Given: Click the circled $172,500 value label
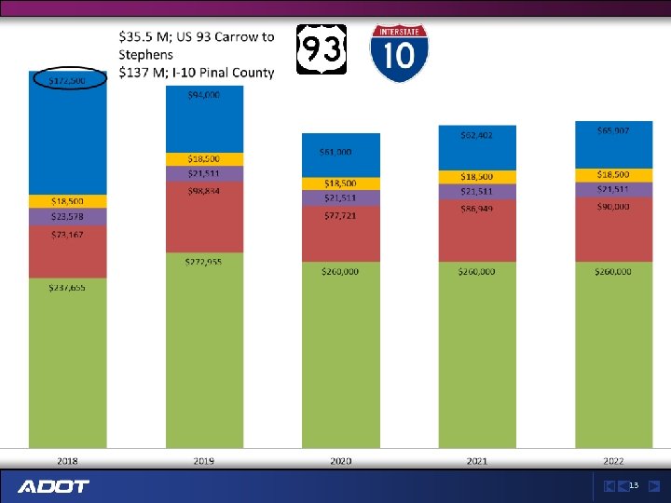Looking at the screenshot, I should [68, 81].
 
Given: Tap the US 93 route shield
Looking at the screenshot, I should [322, 49].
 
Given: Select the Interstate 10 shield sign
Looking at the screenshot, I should [399, 53].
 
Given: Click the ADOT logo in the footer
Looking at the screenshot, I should [53, 486].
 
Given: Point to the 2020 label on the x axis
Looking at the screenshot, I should [340, 461].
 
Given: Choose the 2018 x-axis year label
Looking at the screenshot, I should [67, 461].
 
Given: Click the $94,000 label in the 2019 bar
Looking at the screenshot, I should [204, 95].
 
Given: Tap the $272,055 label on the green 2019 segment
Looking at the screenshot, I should [204, 263].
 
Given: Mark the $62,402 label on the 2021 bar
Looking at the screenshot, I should [476, 135].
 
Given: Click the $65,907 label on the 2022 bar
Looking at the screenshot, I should [613, 131].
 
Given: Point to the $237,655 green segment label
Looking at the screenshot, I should [67, 288].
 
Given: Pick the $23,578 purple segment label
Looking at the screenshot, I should [67, 216].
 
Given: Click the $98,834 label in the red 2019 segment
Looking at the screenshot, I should [204, 191].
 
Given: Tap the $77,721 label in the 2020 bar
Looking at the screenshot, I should [340, 214].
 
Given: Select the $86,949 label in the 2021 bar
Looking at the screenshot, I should [476, 210].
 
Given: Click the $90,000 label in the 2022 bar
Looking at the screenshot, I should [613, 206].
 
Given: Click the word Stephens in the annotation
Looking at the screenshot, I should [145, 54].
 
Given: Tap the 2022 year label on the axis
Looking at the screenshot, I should [613, 461].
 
